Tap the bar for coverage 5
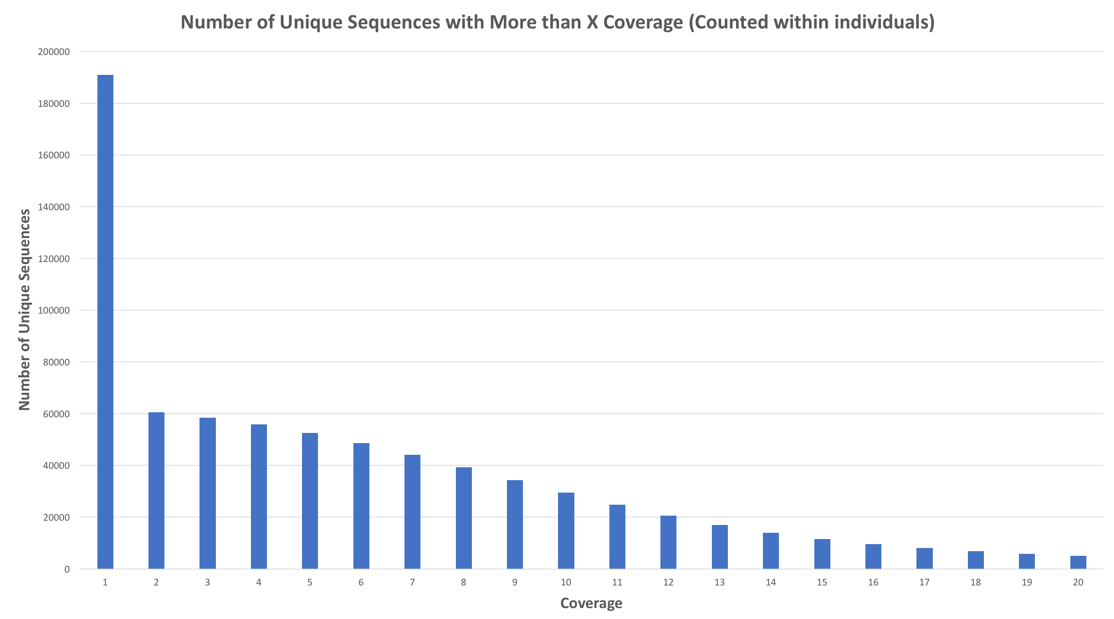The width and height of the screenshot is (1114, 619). click(310, 501)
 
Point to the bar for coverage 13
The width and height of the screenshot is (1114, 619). click(720, 547)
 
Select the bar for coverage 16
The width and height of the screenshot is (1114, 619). click(873, 556)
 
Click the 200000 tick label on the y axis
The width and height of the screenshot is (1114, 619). click(54, 52)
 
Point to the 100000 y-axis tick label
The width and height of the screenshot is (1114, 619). click(54, 310)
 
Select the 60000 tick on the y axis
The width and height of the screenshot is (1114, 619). click(56, 414)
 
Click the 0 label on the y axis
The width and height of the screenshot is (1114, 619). click(67, 569)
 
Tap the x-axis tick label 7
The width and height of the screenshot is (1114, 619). click(412, 582)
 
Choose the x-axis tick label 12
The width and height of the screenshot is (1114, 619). click(668, 582)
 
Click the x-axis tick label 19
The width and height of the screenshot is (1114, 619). click(1027, 582)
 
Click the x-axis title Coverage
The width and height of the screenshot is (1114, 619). click(591, 603)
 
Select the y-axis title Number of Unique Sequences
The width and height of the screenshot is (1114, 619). click(24, 310)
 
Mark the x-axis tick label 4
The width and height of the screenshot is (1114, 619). click(259, 582)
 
